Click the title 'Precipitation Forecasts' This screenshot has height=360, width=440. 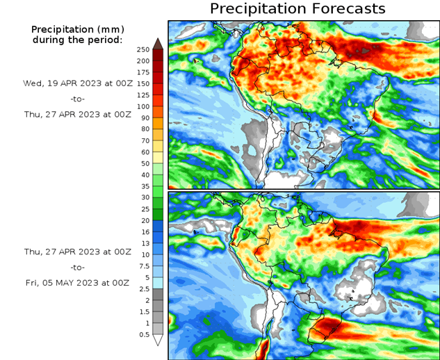click(x=297, y=9)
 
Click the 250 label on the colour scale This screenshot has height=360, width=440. click(x=142, y=49)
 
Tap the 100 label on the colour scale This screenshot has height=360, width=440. click(x=142, y=106)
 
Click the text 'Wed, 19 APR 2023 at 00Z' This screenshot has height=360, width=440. click(x=76, y=83)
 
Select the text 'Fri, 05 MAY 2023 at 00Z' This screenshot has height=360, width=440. click(x=76, y=283)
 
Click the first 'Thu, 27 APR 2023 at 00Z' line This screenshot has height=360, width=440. click(x=76, y=115)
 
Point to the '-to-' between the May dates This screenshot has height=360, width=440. click(x=76, y=267)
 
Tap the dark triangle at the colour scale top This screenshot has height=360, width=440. click(x=158, y=43)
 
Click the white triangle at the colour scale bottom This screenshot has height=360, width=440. click(x=158, y=340)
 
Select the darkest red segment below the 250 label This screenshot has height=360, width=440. click(x=158, y=55)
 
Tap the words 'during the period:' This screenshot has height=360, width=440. click(x=76, y=40)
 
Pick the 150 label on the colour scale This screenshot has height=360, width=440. click(x=142, y=83)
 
